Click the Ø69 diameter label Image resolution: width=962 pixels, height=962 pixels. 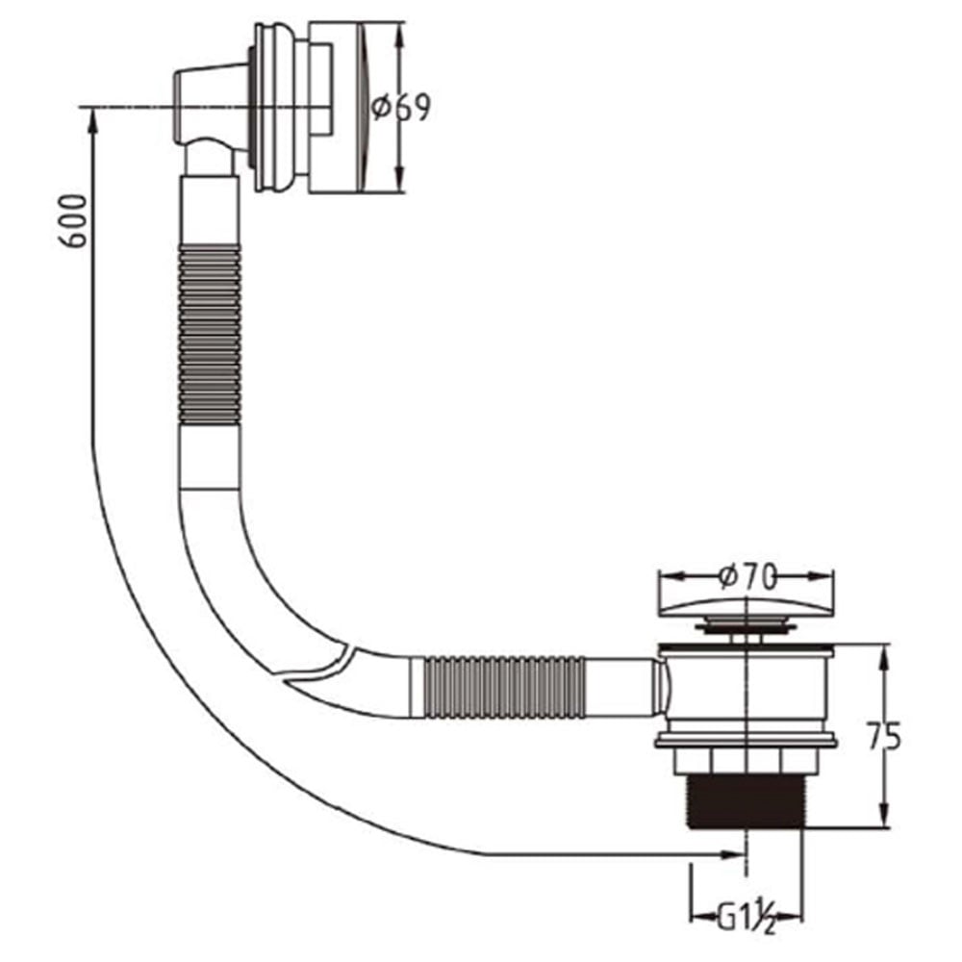point(401,108)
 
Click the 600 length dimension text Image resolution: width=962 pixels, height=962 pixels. point(73,221)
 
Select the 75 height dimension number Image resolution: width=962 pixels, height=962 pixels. point(883,737)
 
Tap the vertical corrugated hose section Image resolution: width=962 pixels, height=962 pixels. point(209,335)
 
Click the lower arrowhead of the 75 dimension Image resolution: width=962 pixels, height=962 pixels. point(884,816)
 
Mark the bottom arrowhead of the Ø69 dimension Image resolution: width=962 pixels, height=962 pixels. point(399,180)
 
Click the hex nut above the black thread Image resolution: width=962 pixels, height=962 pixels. point(747,761)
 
